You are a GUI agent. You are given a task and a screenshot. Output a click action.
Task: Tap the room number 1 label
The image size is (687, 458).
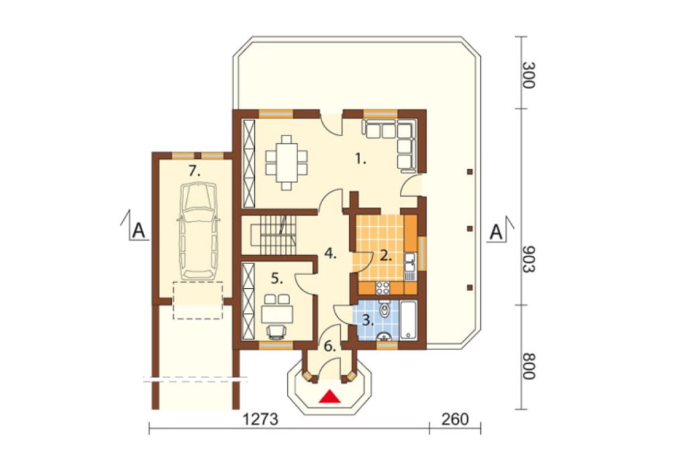pos(360,159)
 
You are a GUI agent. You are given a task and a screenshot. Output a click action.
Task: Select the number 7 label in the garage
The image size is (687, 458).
pos(194,171)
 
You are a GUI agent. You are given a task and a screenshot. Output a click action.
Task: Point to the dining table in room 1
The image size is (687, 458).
pos(286,163)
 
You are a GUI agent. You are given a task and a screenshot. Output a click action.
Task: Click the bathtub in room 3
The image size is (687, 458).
pos(409,320)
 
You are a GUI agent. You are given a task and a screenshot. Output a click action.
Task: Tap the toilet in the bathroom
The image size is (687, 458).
pos(385,308)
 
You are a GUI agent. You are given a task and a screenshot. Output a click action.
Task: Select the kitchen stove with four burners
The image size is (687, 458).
pos(383,287)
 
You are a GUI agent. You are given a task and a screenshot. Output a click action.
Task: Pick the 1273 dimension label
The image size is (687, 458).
pos(260,419)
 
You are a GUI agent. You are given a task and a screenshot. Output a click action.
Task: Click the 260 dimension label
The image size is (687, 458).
pos(455,419)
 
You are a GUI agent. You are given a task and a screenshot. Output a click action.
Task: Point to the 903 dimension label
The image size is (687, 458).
pos(528,259)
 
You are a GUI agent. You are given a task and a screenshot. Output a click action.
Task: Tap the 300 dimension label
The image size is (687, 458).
pos(528,75)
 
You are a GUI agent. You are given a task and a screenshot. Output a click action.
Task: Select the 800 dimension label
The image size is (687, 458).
pos(528,366)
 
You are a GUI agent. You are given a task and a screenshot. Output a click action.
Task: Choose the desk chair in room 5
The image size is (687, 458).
pos(276,331)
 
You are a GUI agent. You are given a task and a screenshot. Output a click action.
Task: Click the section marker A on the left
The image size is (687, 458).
pos(139,230)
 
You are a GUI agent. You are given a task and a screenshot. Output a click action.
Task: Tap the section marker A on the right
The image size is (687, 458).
pos(496,232)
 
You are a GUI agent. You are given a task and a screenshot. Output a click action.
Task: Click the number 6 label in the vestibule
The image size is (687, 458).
pos(330,347)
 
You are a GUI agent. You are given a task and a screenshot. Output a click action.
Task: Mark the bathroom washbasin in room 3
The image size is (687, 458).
pos(385,336)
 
